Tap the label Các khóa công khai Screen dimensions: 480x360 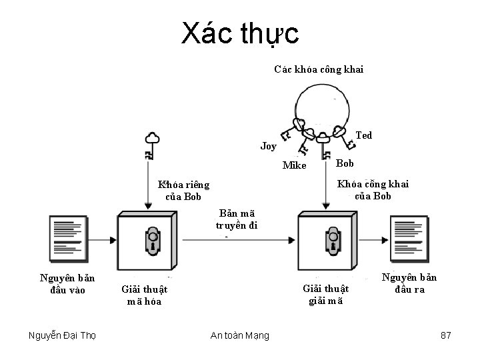[x=319, y=69]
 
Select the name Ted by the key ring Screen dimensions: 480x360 [x=364, y=135]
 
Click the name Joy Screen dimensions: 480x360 [x=268, y=145]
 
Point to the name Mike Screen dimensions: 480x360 [x=294, y=165]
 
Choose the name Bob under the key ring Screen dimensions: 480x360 [x=345, y=163]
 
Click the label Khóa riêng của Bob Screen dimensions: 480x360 [x=183, y=190]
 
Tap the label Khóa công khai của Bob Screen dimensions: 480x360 [x=373, y=189]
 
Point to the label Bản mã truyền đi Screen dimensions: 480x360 [x=236, y=219]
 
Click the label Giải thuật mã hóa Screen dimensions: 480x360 [x=144, y=295]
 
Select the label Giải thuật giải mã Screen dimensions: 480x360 [x=325, y=294]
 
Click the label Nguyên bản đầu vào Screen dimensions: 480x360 [x=67, y=283]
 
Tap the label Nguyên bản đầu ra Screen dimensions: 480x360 [x=409, y=283]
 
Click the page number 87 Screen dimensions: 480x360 [x=446, y=335]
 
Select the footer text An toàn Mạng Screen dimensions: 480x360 [x=239, y=335]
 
